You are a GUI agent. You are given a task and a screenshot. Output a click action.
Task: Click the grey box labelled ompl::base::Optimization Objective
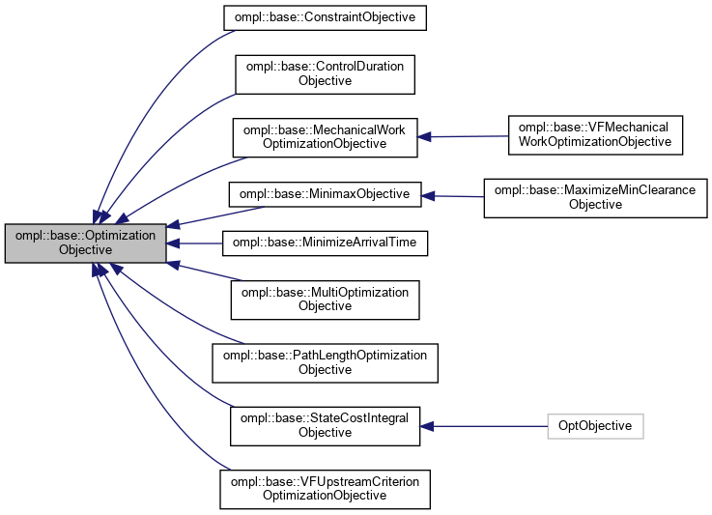(x=85, y=243)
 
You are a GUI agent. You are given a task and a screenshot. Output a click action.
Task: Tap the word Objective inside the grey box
(x=85, y=250)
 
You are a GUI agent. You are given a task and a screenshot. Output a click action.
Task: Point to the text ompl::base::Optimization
(x=85, y=236)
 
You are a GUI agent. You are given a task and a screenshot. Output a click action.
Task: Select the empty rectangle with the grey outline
(x=595, y=426)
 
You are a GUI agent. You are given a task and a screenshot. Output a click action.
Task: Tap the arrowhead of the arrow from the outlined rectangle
(x=426, y=426)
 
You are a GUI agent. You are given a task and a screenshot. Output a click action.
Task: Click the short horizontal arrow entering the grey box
(x=198, y=243)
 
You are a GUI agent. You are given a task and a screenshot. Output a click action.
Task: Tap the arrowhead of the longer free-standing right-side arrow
(x=424, y=137)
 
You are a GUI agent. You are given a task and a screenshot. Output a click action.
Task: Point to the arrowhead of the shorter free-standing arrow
(x=427, y=196)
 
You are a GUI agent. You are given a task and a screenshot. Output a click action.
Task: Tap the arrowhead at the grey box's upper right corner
(x=174, y=225)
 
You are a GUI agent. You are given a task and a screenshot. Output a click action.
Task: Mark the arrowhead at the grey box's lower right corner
(x=174, y=263)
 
